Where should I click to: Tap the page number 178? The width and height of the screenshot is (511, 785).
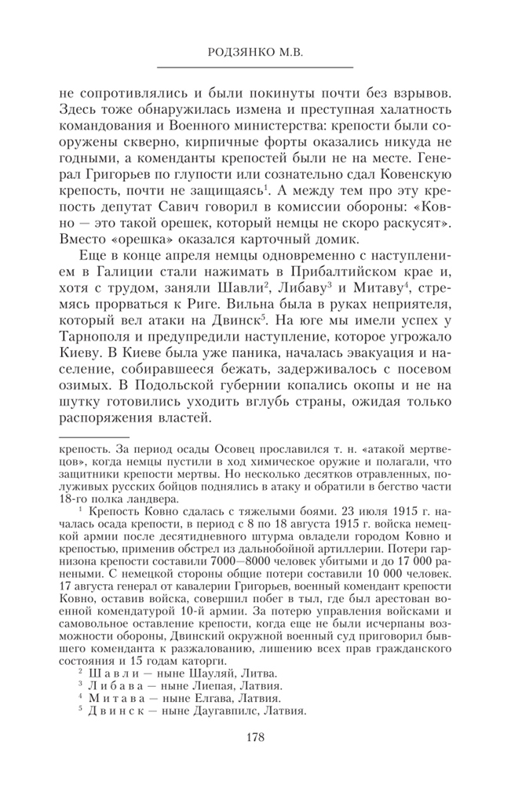[254, 737]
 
